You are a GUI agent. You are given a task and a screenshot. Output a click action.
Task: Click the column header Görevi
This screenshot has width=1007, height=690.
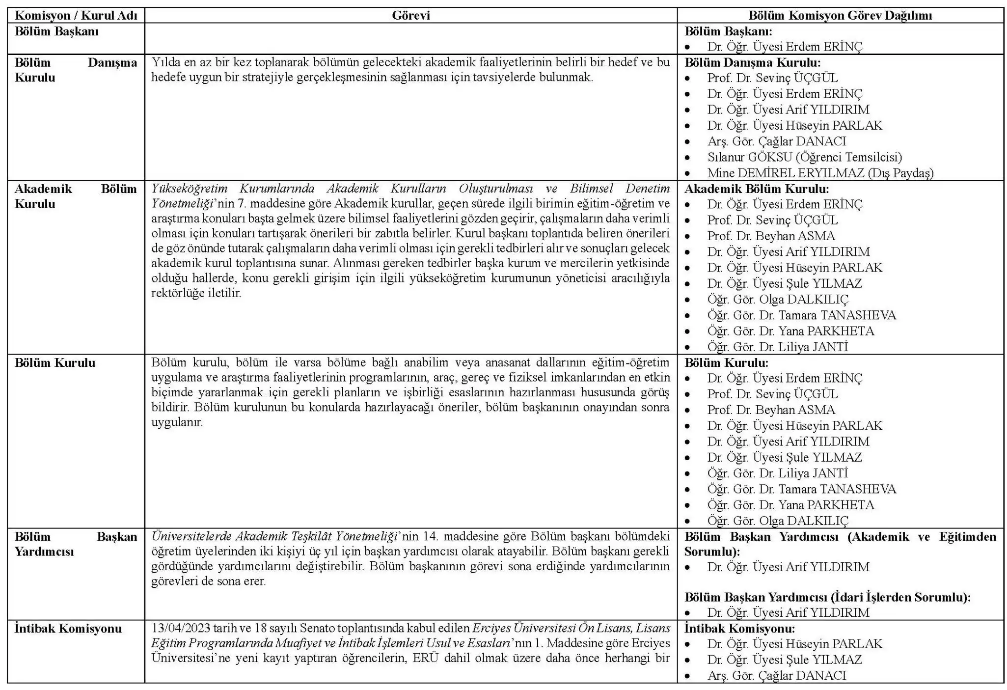410,15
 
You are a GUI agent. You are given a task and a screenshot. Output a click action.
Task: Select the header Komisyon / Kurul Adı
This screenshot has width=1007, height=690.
76,15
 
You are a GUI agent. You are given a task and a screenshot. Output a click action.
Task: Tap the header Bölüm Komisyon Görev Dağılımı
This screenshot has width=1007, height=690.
840,15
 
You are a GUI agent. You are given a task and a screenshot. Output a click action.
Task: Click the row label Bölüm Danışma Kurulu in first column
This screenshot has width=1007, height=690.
76,70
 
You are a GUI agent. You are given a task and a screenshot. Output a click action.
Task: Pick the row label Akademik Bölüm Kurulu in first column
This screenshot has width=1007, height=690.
76,196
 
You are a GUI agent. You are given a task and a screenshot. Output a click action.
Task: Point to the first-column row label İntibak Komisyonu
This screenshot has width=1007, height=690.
68,629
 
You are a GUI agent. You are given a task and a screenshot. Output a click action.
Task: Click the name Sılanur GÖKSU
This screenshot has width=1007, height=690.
748,157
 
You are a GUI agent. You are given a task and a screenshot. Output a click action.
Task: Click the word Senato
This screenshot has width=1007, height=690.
317,629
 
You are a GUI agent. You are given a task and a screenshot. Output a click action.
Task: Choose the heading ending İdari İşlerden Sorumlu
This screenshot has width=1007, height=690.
827,597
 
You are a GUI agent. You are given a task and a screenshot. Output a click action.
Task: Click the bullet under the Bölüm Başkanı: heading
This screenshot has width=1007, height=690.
688,47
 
